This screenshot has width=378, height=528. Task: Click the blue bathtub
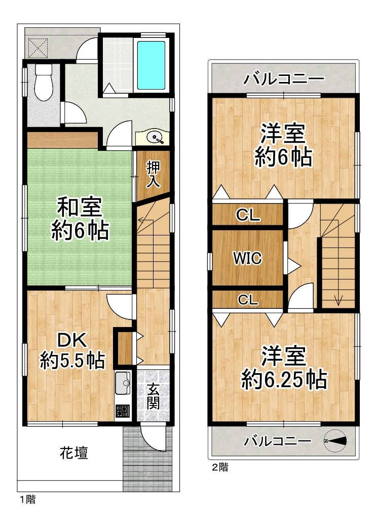(152, 65)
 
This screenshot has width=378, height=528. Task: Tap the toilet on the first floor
(44, 82)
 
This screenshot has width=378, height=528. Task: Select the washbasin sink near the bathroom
(156, 137)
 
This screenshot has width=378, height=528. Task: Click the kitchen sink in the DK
(123, 383)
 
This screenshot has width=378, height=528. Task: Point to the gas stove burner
(123, 412)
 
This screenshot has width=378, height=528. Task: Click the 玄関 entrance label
(154, 397)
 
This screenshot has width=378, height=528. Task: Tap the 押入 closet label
(154, 174)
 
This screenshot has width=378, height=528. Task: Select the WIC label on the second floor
(248, 258)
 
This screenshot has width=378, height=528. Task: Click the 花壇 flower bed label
(74, 453)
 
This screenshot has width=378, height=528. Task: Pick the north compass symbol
(335, 440)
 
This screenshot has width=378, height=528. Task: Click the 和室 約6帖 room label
(80, 219)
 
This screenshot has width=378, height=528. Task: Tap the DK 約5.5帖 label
(72, 350)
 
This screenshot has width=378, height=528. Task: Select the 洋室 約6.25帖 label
(284, 368)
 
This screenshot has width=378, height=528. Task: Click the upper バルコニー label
(284, 79)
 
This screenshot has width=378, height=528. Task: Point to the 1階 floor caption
(27, 499)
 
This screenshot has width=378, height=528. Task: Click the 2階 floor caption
(220, 467)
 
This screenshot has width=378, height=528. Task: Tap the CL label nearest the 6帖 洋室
(248, 215)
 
